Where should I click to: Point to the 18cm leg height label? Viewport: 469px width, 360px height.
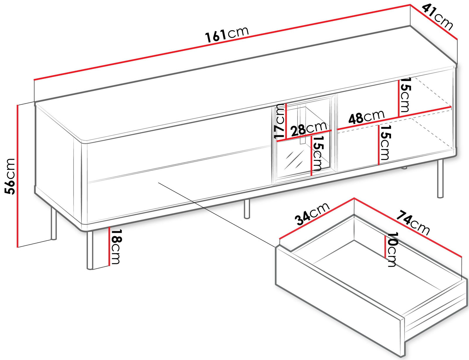coord(115,246)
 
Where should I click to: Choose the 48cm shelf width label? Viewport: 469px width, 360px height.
coord(366,117)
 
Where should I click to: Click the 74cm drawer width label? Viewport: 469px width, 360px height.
coord(413,223)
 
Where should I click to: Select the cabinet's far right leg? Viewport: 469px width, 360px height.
coord(440,179)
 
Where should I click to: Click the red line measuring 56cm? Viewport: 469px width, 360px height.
coord(18,176)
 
